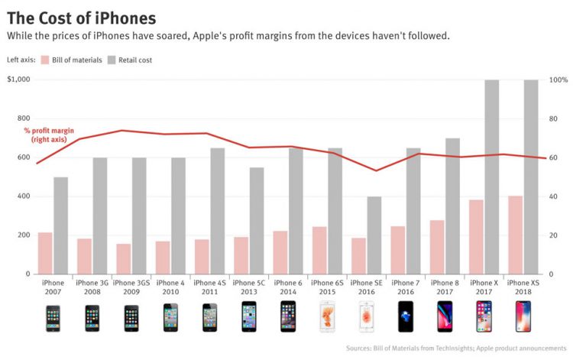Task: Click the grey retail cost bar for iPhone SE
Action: [374, 235]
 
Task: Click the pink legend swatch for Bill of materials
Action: [46, 60]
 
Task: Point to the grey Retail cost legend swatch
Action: [112, 60]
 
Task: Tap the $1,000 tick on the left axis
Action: [18, 79]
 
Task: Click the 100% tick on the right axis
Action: [558, 79]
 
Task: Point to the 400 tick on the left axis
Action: [24, 196]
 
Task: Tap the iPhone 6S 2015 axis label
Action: [326, 287]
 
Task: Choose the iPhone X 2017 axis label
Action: [483, 287]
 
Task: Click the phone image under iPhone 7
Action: [405, 317]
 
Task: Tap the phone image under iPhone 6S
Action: [326, 317]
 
